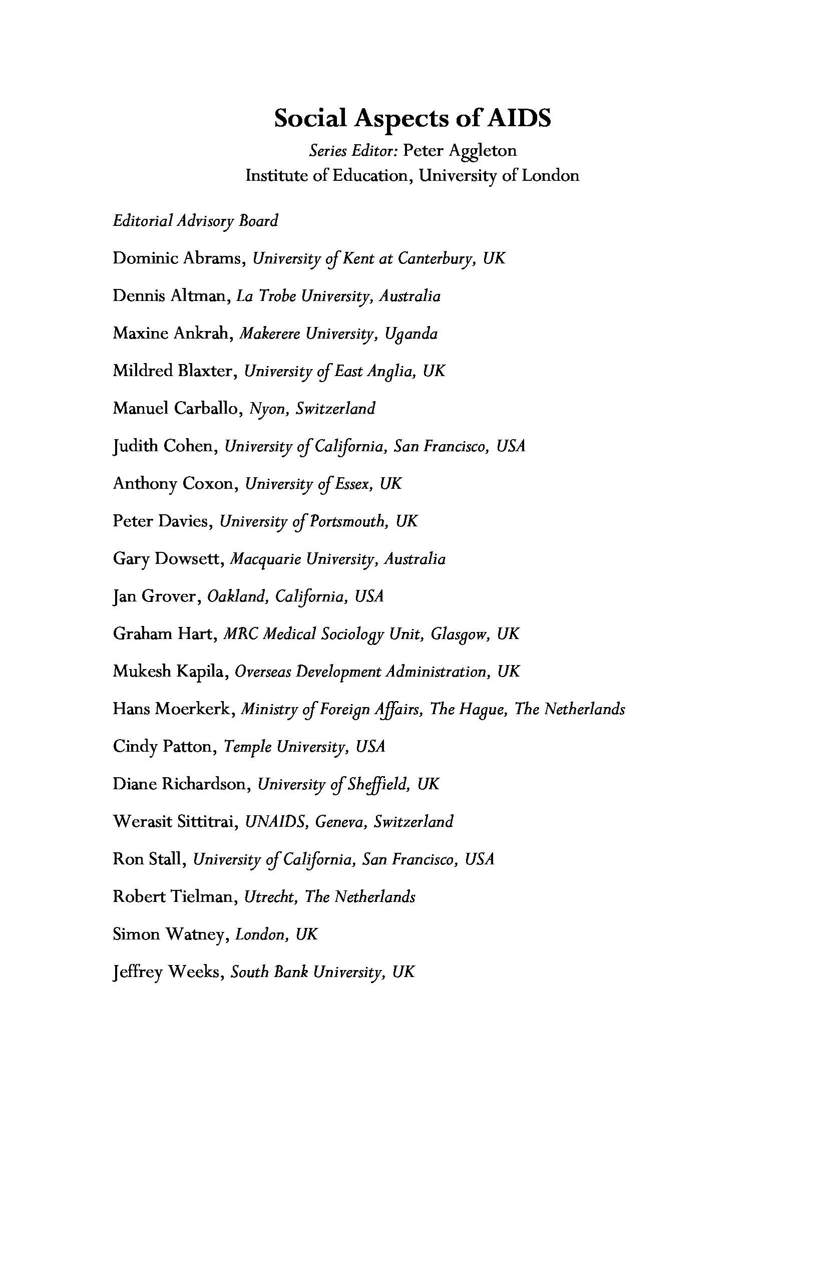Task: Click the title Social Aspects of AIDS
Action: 412,119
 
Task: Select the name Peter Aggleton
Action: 460,151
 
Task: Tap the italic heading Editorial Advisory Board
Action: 195,221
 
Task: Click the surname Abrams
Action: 213,258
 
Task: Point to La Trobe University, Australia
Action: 338,296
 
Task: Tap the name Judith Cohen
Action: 165,446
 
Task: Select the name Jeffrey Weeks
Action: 167,972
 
